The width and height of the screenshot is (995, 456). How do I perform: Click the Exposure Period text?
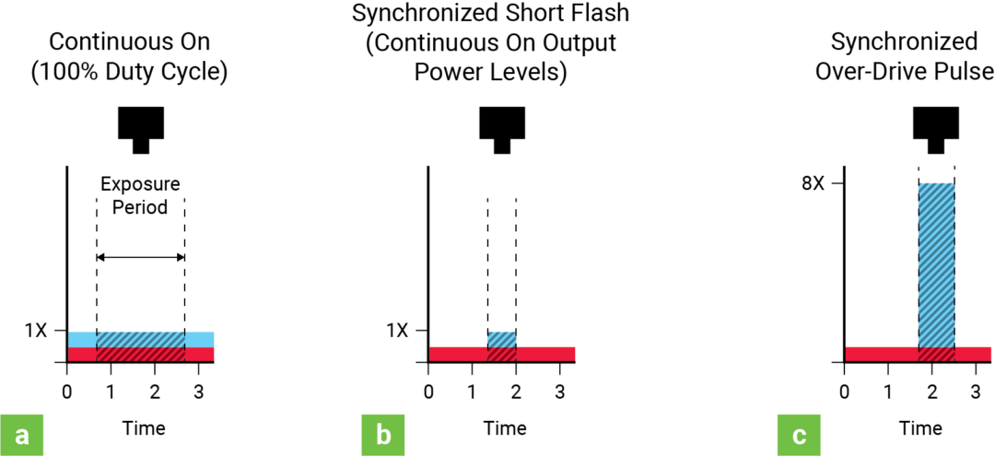140,195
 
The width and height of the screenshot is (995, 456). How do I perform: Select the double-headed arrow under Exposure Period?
140,258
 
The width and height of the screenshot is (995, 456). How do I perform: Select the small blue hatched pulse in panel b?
501,339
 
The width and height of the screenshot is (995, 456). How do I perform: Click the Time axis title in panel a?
144,428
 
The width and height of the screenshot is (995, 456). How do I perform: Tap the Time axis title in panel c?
920,428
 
